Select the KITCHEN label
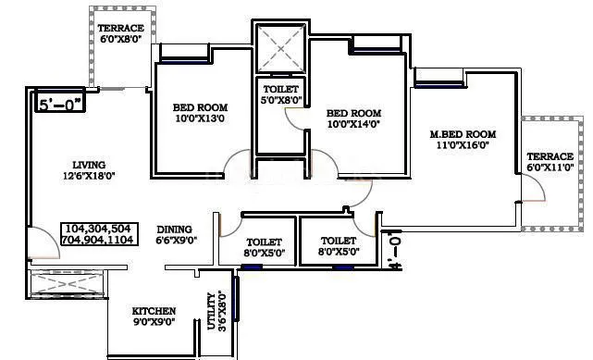(x=153, y=311)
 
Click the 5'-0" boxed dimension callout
(x=60, y=106)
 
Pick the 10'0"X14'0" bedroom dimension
(x=353, y=122)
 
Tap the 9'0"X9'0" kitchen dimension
(x=154, y=323)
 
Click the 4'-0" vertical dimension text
(x=396, y=251)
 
